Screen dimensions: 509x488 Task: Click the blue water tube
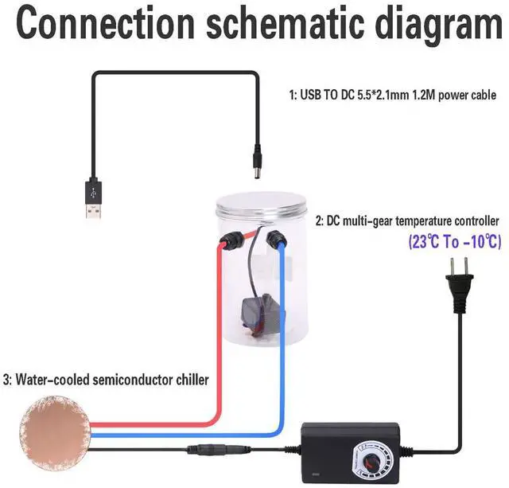coord(285,342)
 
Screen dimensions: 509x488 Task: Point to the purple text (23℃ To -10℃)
coord(455,241)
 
